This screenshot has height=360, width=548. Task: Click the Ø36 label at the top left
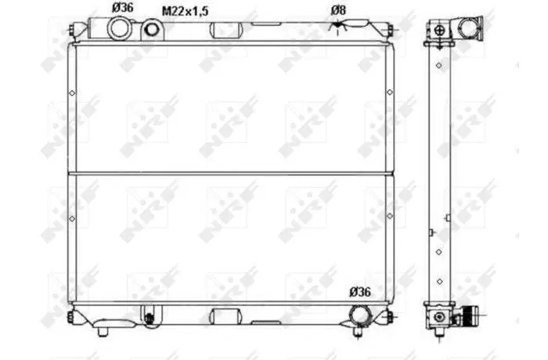pyautogui.click(x=123, y=7)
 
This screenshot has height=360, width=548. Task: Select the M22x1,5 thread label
pyautogui.click(x=186, y=11)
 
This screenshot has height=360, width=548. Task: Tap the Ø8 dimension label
pyautogui.click(x=338, y=10)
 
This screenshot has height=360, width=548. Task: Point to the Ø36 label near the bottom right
pyautogui.click(x=360, y=292)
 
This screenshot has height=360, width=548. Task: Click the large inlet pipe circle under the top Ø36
pyautogui.click(x=121, y=29)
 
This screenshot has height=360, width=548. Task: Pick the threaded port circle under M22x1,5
pyautogui.click(x=151, y=30)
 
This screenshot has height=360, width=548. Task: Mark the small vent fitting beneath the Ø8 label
pyautogui.click(x=337, y=26)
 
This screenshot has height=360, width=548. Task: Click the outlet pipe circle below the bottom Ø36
pyautogui.click(x=360, y=315)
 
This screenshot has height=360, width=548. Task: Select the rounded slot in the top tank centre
pyautogui.click(x=225, y=30)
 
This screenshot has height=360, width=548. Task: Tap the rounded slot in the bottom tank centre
pyautogui.click(x=225, y=316)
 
